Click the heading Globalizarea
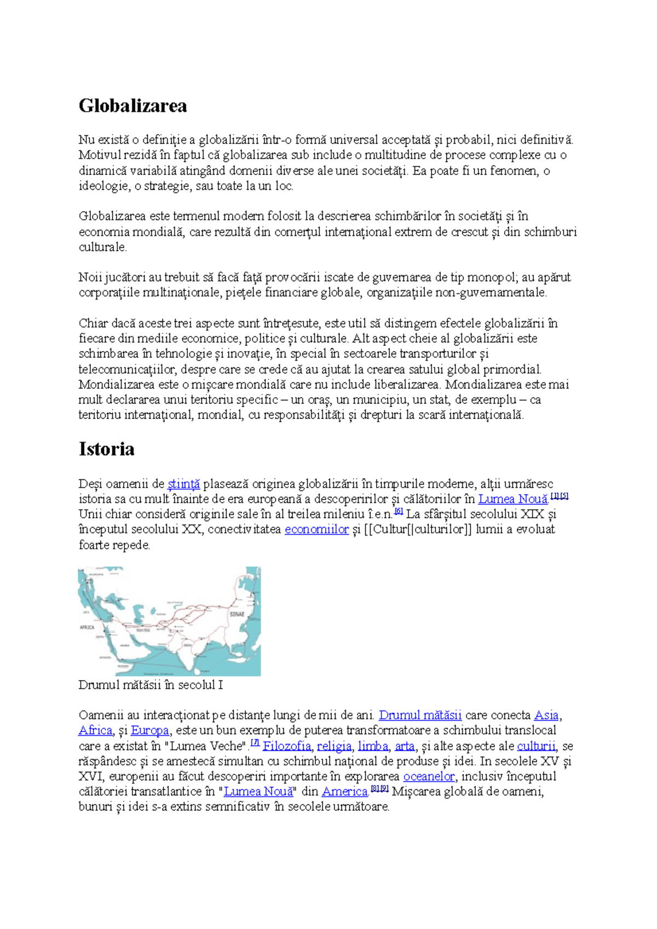pos(132,106)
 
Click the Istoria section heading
pos(106,449)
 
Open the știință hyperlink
pos(183,484)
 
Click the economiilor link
pos(316,529)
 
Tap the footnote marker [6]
pos(399,512)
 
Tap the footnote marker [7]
pos(255,743)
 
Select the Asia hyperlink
pos(546,715)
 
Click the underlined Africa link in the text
pos(95,730)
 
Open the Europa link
pos(149,730)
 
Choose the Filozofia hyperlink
pos(286,746)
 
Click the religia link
pos(334,746)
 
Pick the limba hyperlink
pos(373,746)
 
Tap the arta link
pos(405,746)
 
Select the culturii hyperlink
pos(536,746)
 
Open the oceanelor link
pos(429,776)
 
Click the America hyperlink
pos(345,791)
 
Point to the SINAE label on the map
pos(237,614)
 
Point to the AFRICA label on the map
pos(87,627)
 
